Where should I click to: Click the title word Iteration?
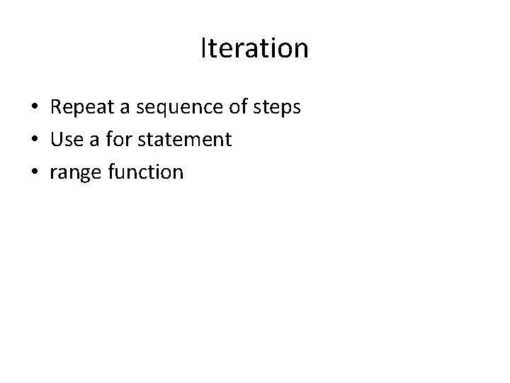[255, 49]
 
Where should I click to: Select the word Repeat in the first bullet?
[81, 108]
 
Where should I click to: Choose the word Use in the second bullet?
[66, 140]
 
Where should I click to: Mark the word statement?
[185, 140]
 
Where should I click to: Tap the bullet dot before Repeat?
[34, 109]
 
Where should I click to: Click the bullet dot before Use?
[34, 140]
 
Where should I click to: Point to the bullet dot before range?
[34, 172]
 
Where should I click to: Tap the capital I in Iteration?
[204, 49]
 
